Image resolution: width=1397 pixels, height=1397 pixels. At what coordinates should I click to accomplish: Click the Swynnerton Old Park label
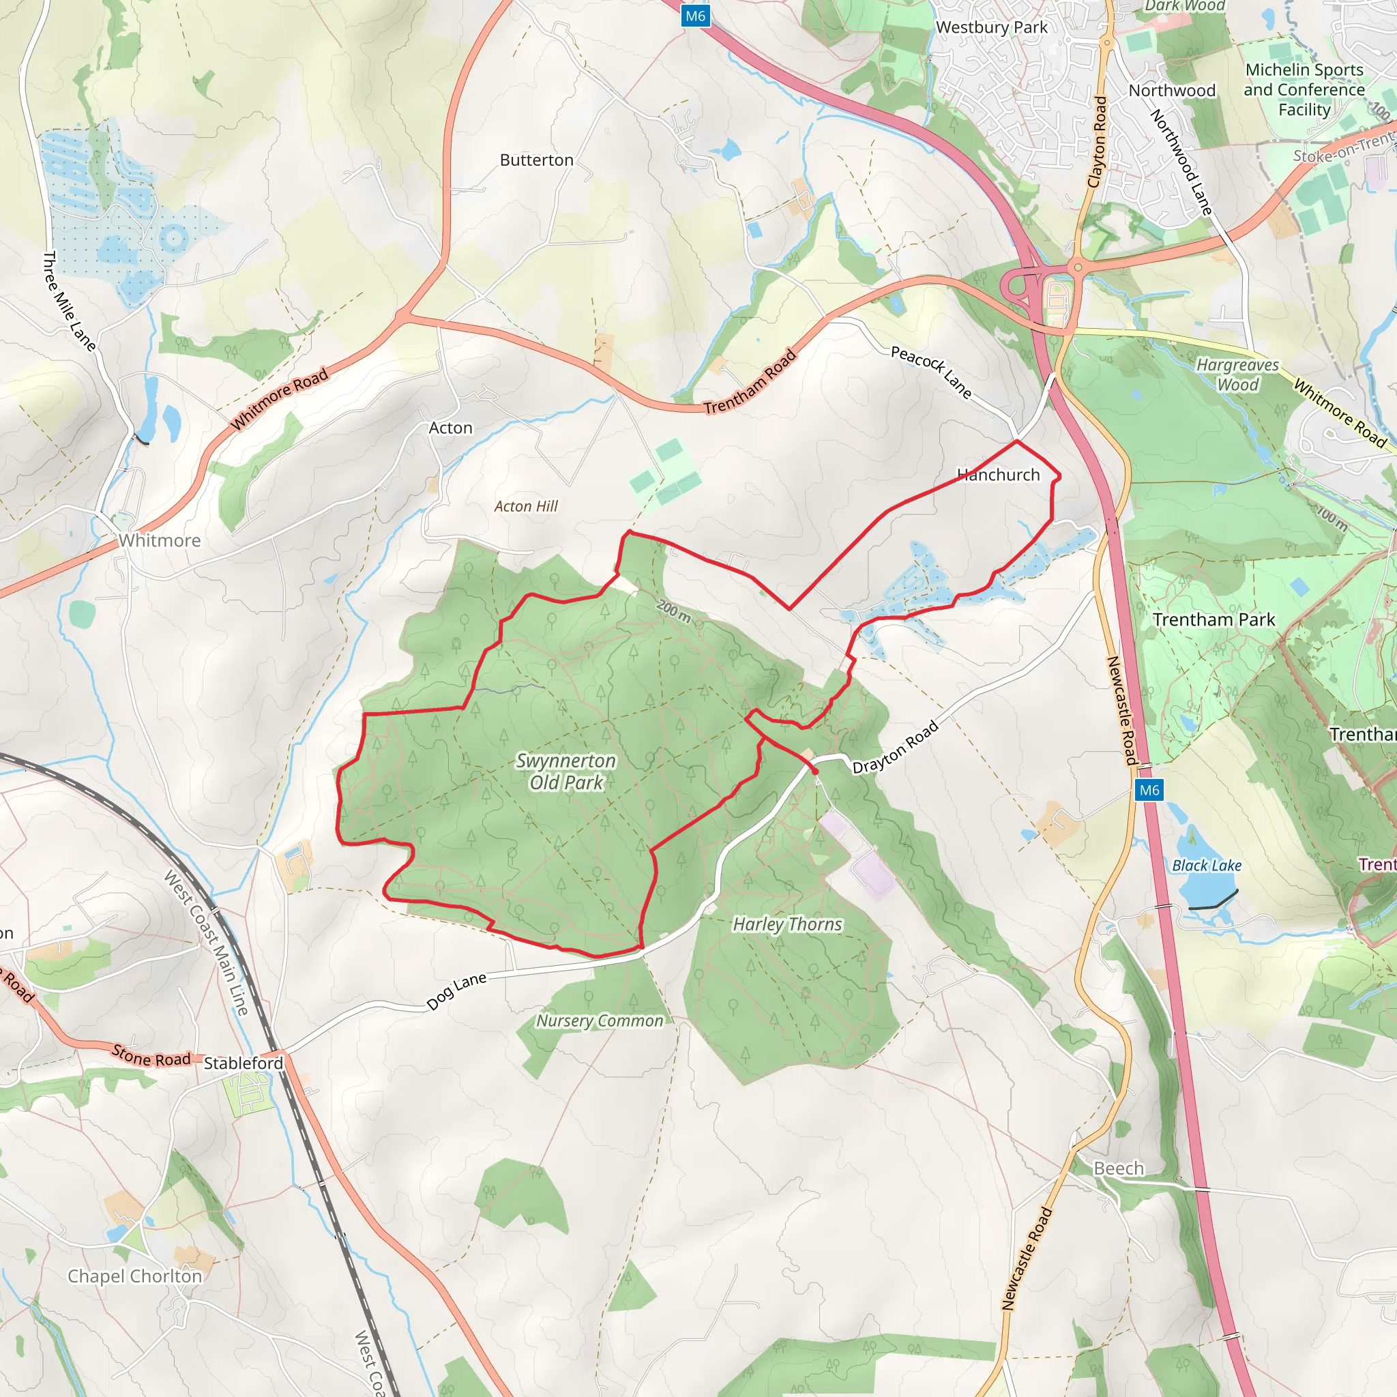(x=565, y=771)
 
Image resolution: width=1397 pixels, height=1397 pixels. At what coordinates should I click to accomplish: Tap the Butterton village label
(x=537, y=160)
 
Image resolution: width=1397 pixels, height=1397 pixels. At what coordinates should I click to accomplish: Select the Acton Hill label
(x=526, y=506)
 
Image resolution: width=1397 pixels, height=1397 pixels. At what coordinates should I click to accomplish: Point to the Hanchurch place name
(x=998, y=475)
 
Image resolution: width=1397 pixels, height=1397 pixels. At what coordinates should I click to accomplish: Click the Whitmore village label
(x=160, y=540)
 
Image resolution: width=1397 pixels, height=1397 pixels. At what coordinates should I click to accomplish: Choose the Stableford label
(x=243, y=1063)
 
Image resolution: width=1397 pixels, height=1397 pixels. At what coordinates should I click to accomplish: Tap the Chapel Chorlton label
(x=135, y=1276)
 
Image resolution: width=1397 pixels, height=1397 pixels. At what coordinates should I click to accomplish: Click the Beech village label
(x=1119, y=1168)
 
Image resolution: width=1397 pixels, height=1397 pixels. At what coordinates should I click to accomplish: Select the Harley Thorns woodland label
(x=787, y=924)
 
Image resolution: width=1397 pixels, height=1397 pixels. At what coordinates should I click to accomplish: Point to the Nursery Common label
(x=600, y=1021)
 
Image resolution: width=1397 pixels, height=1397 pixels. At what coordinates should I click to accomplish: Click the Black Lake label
(x=1207, y=866)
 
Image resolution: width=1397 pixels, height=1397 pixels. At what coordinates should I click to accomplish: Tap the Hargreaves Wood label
(x=1237, y=374)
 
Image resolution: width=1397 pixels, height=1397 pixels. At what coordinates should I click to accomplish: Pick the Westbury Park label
(x=991, y=27)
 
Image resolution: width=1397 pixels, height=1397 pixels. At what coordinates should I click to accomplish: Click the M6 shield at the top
(x=695, y=16)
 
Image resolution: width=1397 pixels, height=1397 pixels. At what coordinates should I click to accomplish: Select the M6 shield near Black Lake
(x=1149, y=790)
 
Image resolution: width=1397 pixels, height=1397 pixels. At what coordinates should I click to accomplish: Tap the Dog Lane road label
(x=456, y=991)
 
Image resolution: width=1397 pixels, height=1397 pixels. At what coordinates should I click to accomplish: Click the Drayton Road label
(x=895, y=748)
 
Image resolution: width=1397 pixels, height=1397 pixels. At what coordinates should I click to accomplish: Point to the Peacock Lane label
(x=930, y=372)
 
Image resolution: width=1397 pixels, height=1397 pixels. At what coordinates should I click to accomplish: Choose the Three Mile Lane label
(x=70, y=301)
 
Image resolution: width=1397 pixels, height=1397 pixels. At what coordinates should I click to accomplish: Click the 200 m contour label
(x=674, y=612)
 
